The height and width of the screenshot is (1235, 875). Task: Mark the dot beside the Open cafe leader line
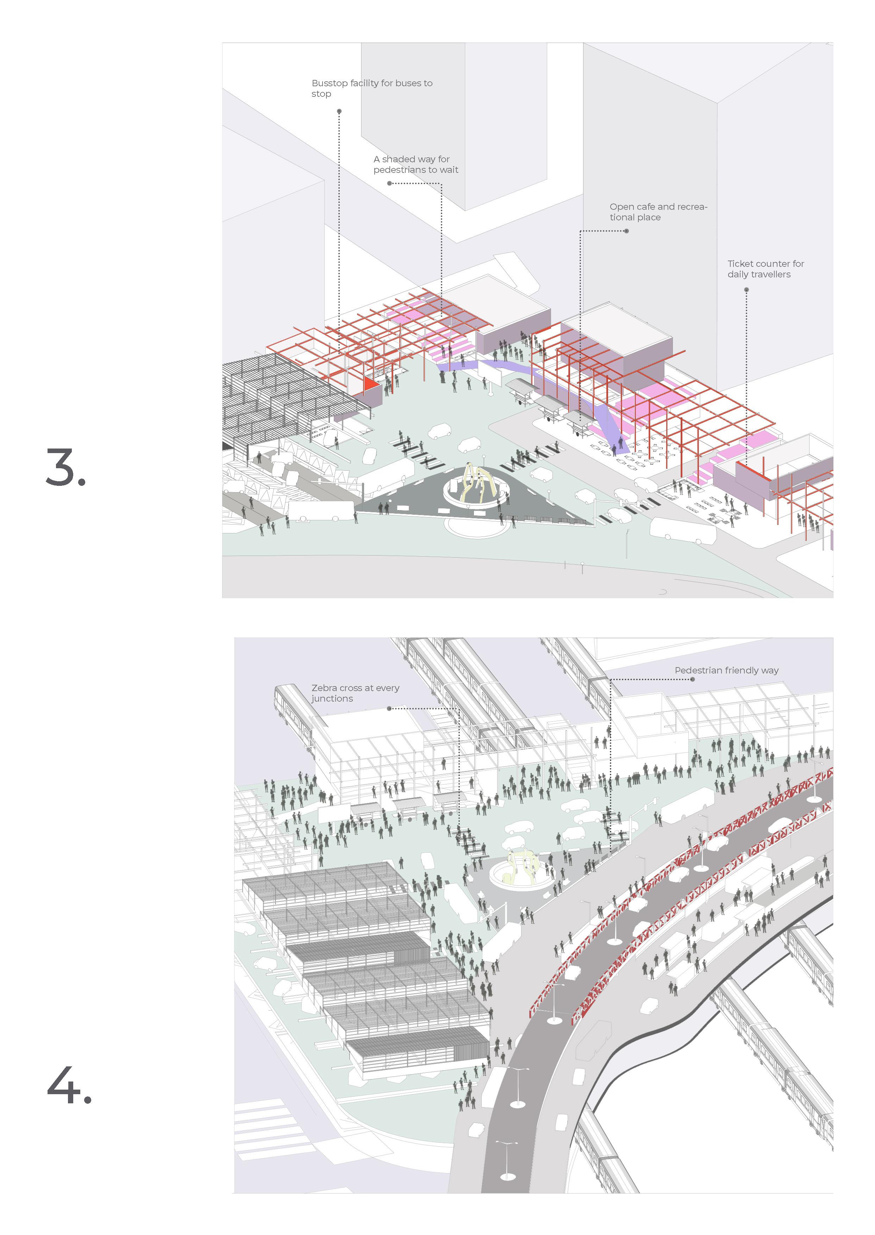pyautogui.click(x=627, y=231)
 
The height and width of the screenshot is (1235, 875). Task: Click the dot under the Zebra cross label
pyautogui.click(x=389, y=709)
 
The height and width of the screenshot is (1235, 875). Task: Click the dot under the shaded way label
pyautogui.click(x=389, y=183)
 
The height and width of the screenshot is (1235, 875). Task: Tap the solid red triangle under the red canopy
pyautogui.click(x=370, y=383)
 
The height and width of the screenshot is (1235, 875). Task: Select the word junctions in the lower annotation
pyautogui.click(x=332, y=698)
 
